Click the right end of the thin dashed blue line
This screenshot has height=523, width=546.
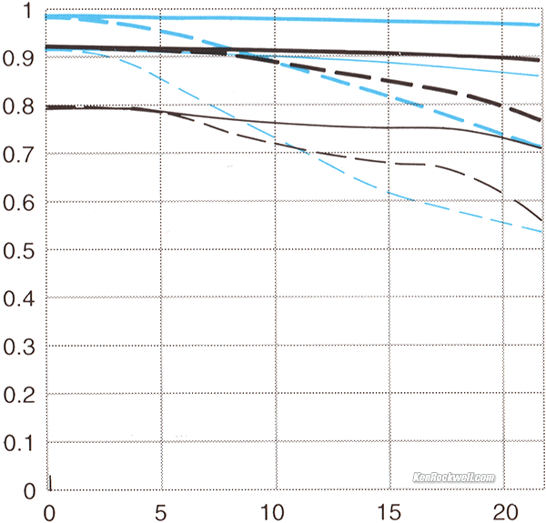[x=541, y=231]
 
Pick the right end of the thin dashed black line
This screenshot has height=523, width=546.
[x=541, y=219]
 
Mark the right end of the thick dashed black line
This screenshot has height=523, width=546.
[x=541, y=119]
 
